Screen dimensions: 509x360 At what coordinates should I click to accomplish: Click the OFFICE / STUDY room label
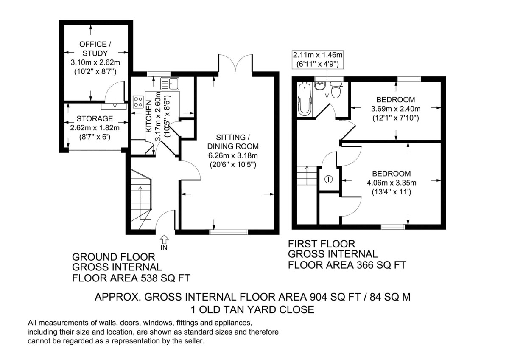click(95, 48)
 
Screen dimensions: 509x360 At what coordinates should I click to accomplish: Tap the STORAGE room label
click(95, 118)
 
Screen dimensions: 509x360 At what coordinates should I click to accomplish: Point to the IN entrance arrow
click(165, 241)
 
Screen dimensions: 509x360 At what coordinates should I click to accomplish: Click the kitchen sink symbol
click(173, 84)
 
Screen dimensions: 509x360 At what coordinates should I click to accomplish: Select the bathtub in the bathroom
click(304, 99)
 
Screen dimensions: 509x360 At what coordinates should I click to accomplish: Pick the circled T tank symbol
click(329, 179)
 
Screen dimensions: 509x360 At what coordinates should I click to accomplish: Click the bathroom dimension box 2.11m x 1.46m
click(318, 59)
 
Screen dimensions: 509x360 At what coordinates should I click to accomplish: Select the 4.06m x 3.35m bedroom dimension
click(391, 183)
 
